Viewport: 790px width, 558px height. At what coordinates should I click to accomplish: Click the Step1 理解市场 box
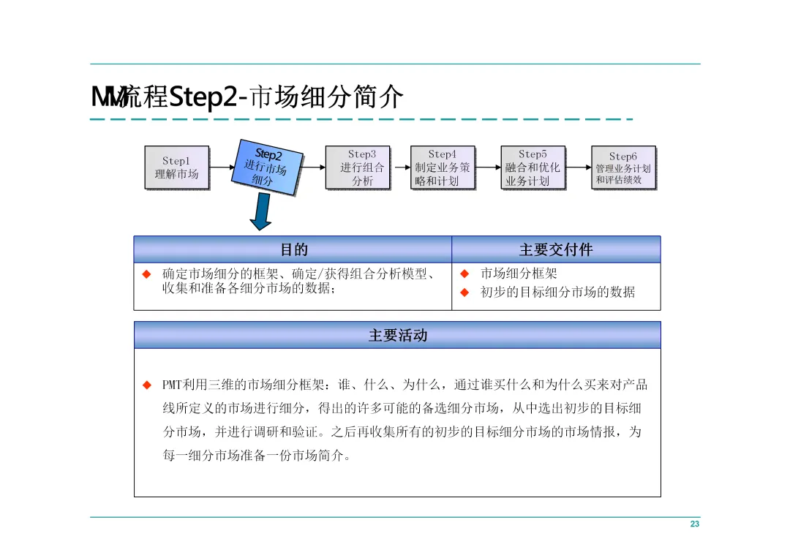pos(176,167)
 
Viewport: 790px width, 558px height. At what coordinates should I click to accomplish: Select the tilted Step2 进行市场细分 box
pos(268,167)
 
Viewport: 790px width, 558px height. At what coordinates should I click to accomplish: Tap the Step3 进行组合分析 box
pos(357,167)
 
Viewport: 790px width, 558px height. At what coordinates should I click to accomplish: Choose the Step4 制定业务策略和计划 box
pos(443,167)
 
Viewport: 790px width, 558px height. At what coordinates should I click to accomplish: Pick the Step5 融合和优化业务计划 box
pos(533,167)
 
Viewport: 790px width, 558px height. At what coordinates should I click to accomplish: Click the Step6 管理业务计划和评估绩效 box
pos(622,167)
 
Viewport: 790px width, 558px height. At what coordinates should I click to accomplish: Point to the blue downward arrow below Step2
pos(260,212)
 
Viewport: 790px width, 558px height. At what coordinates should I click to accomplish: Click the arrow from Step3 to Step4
pos(399,167)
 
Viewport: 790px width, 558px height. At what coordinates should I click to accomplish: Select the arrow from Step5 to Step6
pos(578,167)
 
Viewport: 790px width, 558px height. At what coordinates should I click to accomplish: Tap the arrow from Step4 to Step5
pos(488,167)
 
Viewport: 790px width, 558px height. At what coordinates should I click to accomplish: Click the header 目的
pos(293,250)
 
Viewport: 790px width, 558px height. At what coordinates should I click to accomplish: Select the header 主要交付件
pos(556,250)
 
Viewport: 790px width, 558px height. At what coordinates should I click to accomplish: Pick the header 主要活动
pos(397,336)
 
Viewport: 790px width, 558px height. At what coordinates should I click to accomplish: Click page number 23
pos(694,524)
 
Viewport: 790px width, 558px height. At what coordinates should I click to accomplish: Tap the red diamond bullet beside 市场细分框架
pos(464,274)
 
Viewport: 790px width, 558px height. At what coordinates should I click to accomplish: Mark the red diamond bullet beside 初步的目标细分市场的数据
pos(464,293)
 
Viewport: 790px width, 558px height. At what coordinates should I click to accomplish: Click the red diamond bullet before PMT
pos(146,385)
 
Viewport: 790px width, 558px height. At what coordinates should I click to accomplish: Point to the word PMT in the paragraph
pos(173,385)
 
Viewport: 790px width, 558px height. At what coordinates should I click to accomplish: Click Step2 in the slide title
pos(202,97)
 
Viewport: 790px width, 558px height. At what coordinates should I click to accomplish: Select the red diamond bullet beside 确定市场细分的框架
pos(146,274)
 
